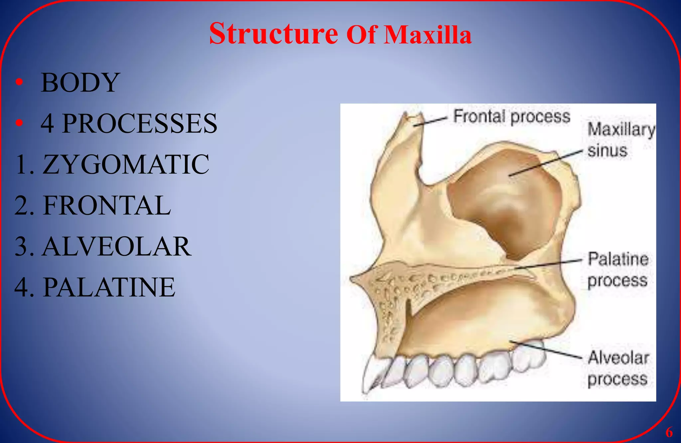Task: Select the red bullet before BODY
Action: [x=19, y=82]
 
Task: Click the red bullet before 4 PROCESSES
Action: [x=19, y=123]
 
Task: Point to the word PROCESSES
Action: [x=140, y=124]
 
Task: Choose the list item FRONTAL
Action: [x=92, y=206]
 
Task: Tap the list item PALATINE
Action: [x=95, y=287]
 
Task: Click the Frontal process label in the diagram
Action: [x=512, y=117]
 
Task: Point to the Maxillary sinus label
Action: [x=620, y=140]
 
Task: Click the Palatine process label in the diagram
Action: [x=618, y=270]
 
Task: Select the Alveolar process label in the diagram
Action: [x=618, y=368]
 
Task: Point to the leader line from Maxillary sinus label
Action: [x=545, y=163]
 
